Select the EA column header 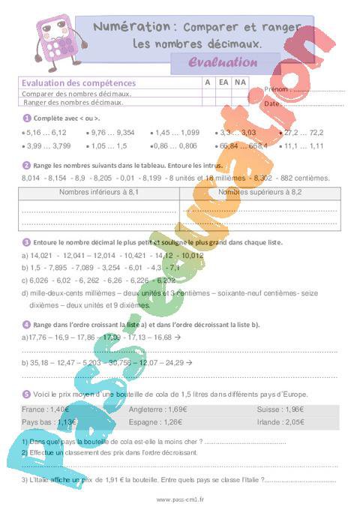coord(223,83)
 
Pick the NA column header coord(239,83)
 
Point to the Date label coord(271,103)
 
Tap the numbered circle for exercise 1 coord(26,118)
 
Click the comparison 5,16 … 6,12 coord(46,131)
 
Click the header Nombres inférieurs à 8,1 coord(99,193)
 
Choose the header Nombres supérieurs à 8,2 coord(259,193)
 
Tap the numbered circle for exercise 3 coord(26,242)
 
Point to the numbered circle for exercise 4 coord(26,324)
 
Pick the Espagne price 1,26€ coord(174,421)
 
